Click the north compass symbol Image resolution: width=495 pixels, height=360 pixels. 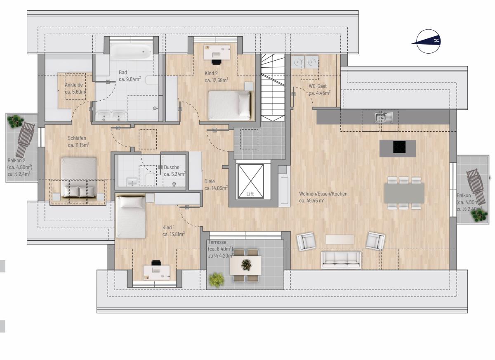(x=428, y=41)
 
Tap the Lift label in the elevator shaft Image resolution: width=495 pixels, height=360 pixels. (x=250, y=194)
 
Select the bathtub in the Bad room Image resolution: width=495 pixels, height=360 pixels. (x=131, y=52)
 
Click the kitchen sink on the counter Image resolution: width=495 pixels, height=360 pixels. (x=384, y=117)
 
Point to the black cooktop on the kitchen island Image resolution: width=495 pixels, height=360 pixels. (x=399, y=147)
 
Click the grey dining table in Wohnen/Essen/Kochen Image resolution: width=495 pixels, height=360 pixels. (x=404, y=193)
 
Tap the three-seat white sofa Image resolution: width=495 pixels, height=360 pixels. (x=341, y=260)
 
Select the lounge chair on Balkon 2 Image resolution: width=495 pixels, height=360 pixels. (x=25, y=140)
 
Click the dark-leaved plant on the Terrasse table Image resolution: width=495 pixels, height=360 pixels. (x=246, y=265)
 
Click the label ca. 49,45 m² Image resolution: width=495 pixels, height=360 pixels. (x=311, y=201)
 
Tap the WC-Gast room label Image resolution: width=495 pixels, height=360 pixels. (x=318, y=86)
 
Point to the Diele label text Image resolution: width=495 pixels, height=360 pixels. (x=210, y=181)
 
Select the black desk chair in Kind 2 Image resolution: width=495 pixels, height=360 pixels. (x=216, y=62)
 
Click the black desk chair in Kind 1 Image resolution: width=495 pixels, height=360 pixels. (x=156, y=263)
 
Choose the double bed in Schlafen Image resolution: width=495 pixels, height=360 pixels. (x=79, y=178)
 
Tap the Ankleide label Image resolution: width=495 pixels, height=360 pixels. (x=74, y=85)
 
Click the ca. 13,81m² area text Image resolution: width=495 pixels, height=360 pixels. (x=174, y=234)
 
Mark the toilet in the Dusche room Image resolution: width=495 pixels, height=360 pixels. (x=151, y=179)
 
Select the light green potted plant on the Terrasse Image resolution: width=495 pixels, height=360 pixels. (x=217, y=280)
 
